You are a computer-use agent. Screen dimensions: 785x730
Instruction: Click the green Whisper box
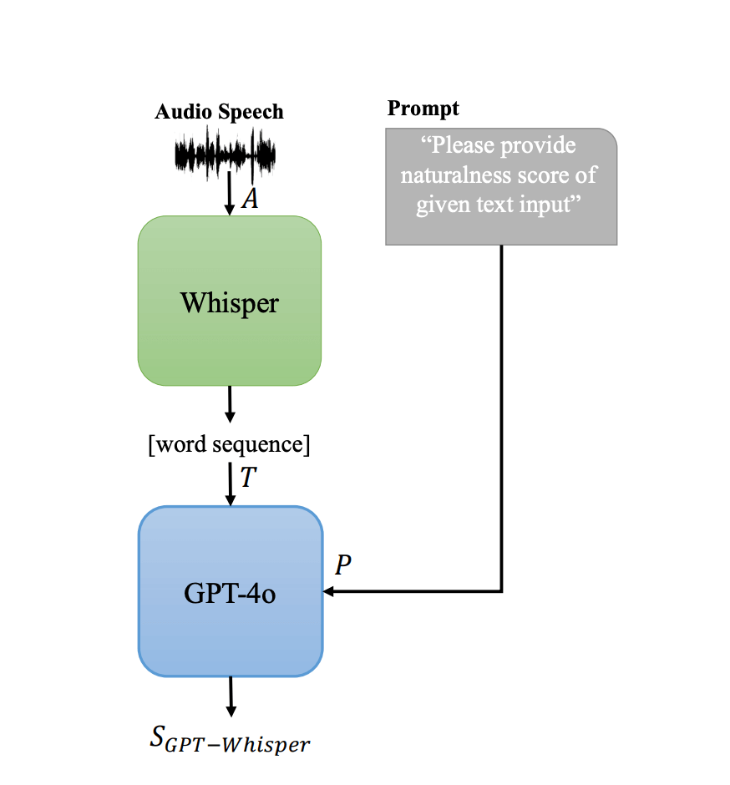[x=230, y=301]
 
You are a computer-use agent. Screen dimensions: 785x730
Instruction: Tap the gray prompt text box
[x=500, y=186]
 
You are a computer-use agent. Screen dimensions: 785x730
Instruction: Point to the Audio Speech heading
[x=219, y=112]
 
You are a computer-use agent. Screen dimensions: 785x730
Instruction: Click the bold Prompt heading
[x=423, y=109]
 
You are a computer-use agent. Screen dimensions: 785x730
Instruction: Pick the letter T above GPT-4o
[x=248, y=478]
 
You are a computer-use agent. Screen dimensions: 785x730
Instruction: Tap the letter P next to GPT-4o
[x=342, y=565]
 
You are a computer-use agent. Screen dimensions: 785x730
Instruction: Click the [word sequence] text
[x=229, y=445]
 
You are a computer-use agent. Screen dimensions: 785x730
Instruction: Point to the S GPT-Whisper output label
[x=230, y=741]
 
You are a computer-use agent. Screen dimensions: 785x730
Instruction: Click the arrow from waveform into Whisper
[x=230, y=196]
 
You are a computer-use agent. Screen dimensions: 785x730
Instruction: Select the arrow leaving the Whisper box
[x=230, y=404]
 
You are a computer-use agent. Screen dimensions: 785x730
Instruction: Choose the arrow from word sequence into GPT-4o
[x=230, y=484]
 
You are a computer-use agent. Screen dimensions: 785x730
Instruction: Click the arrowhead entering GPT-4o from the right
[x=329, y=591]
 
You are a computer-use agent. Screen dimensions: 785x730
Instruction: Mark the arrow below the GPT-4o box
[x=231, y=696]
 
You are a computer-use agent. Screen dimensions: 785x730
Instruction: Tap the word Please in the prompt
[x=466, y=146]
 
